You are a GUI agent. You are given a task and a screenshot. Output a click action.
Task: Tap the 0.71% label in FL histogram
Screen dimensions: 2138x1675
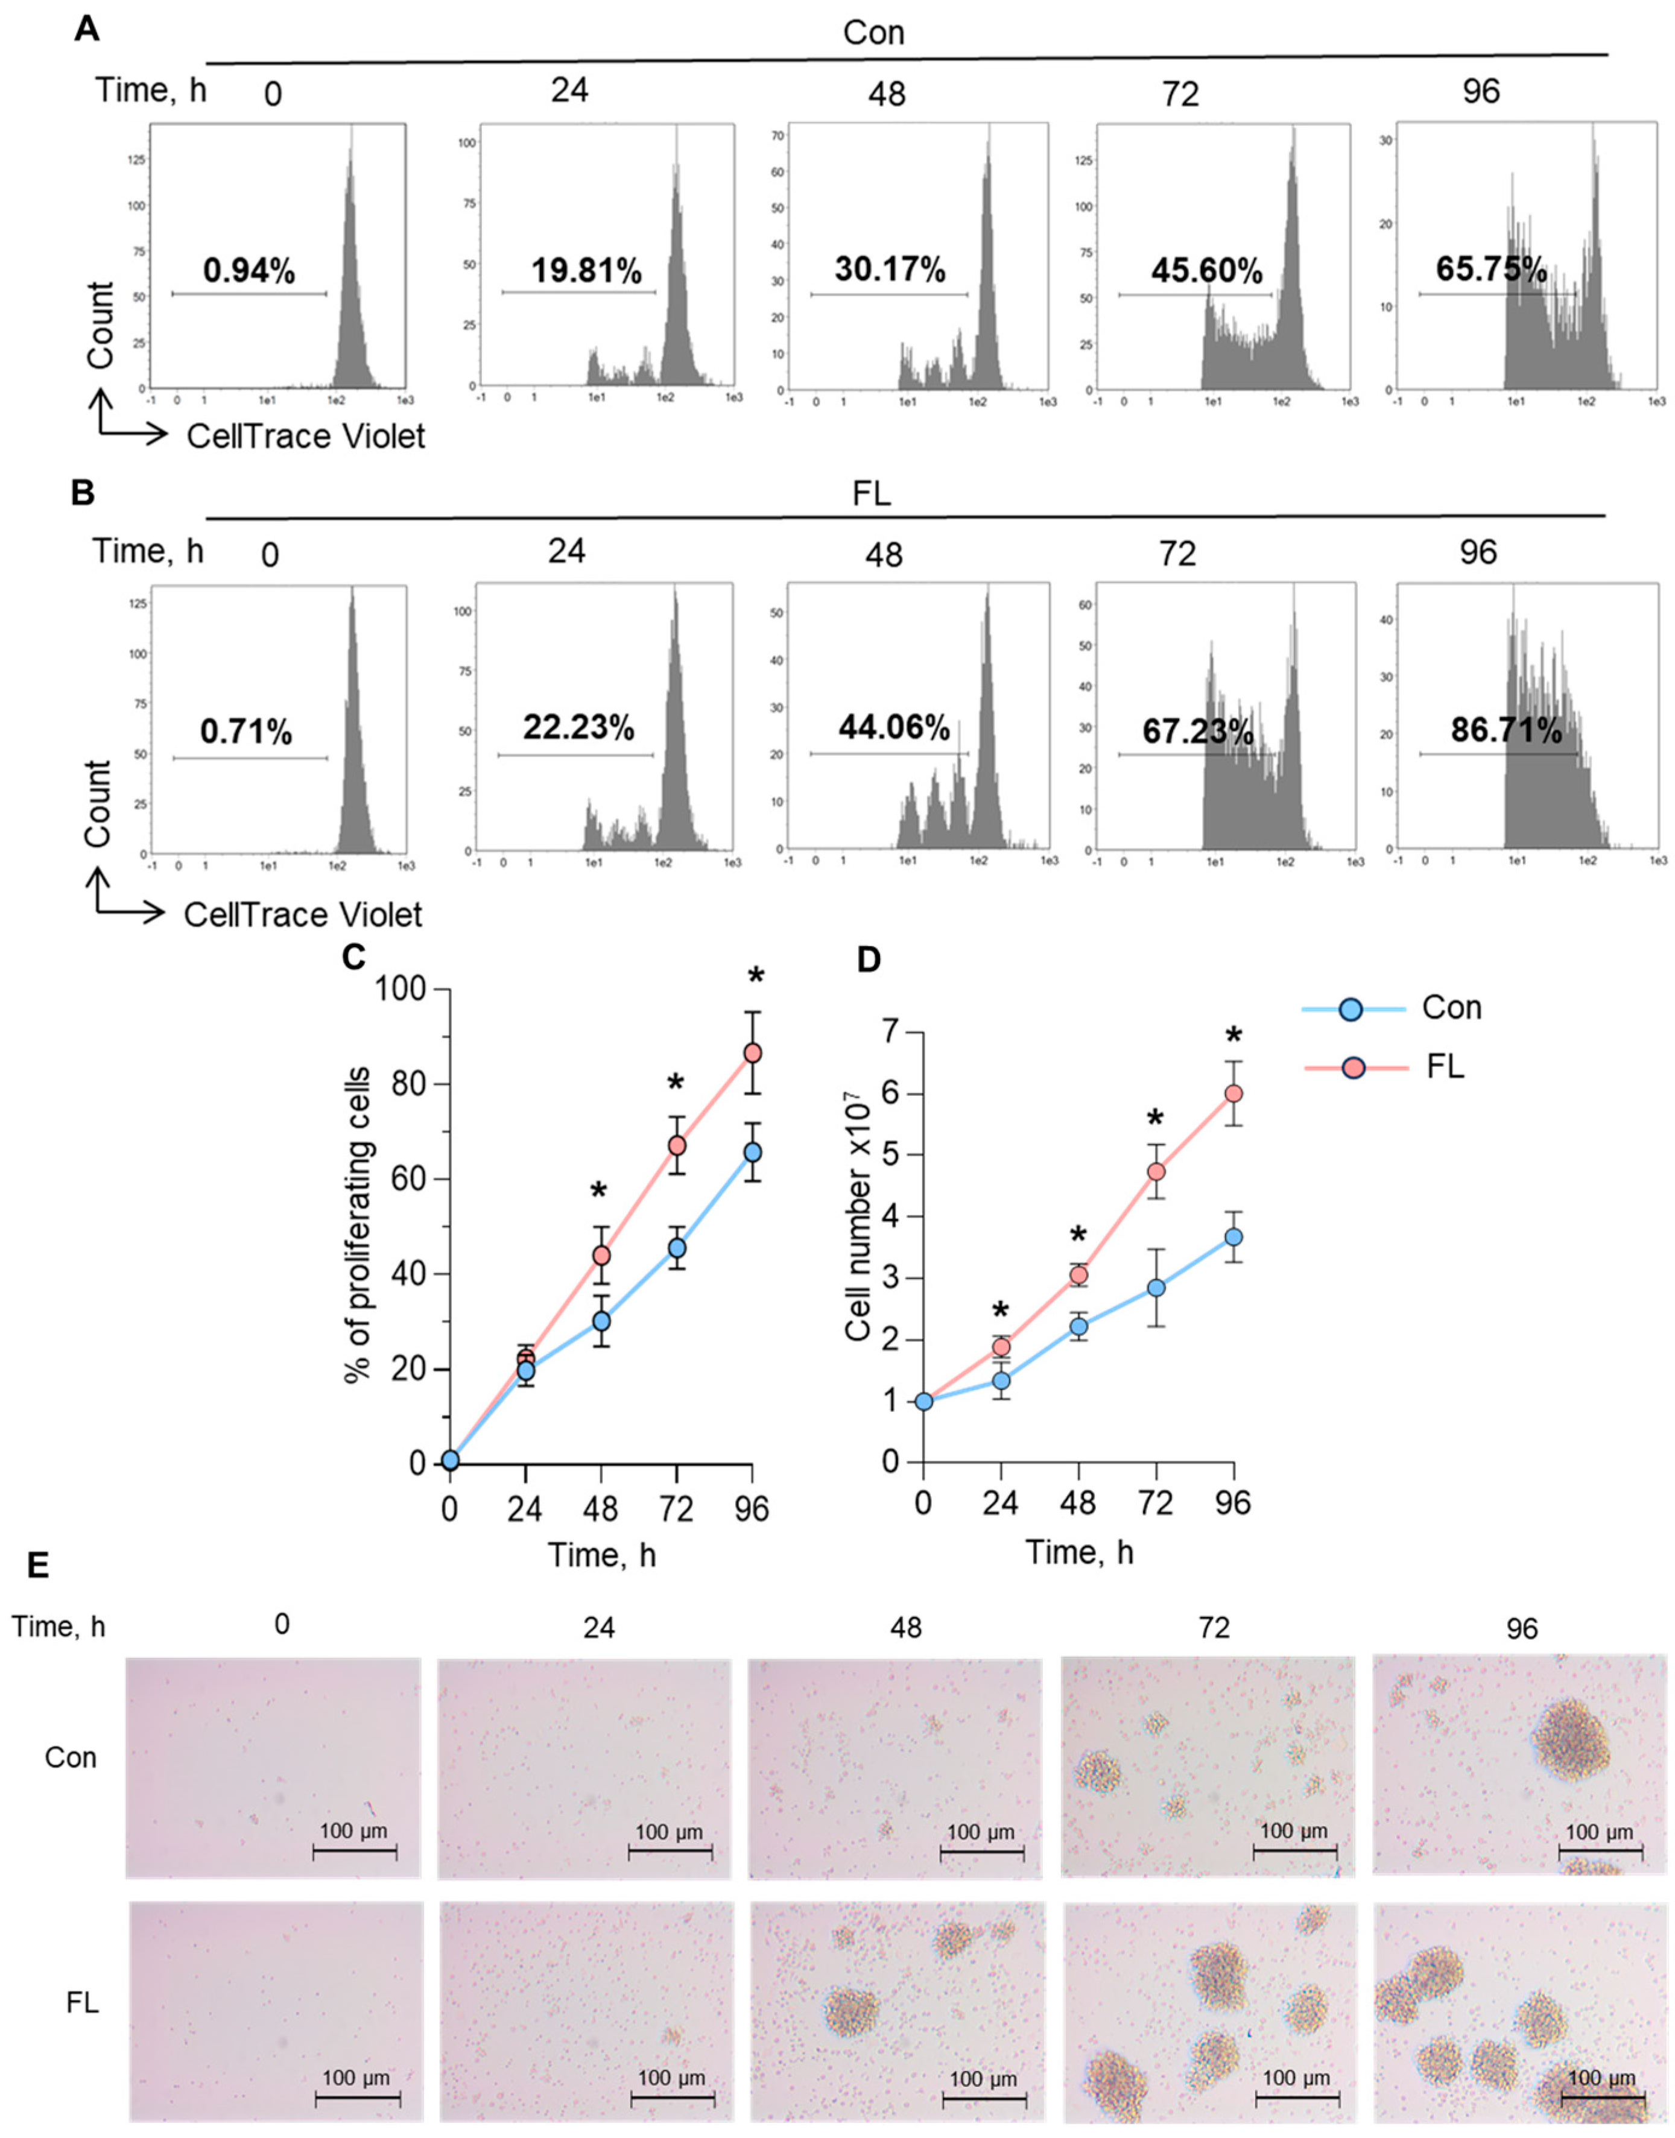[246, 732]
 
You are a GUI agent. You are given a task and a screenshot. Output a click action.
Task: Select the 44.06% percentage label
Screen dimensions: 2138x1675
[893, 728]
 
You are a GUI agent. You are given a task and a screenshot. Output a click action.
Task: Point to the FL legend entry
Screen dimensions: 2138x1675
[1445, 1067]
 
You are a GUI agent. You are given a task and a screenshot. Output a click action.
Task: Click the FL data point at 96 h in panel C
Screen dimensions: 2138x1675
[752, 1052]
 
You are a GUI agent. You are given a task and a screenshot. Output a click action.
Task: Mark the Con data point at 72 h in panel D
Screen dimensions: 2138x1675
[1157, 1288]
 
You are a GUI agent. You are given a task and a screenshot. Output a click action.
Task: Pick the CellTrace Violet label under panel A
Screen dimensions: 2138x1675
[306, 435]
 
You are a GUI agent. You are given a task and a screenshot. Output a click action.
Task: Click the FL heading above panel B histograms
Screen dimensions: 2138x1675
[871, 493]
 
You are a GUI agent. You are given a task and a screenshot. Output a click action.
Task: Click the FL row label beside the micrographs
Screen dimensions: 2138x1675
[83, 2003]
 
